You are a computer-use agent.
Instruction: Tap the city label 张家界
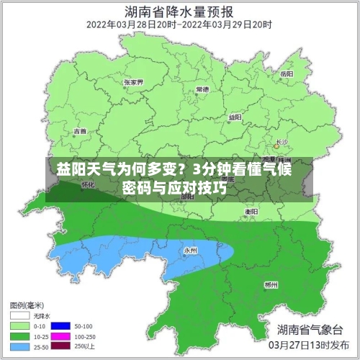[133, 82]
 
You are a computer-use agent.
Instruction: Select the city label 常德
[202, 89]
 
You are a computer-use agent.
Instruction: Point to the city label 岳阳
[287, 73]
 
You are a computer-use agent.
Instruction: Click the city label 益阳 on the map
[235, 117]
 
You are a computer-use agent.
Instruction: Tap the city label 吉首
[80, 131]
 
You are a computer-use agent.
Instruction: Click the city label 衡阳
[251, 212]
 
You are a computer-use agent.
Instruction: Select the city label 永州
[190, 250]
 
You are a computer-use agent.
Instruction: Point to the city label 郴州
[271, 284]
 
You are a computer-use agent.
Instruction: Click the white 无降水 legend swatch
[20, 315]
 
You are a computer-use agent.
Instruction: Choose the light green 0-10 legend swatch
[20, 325]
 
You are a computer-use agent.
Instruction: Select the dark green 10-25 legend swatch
[20, 336]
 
